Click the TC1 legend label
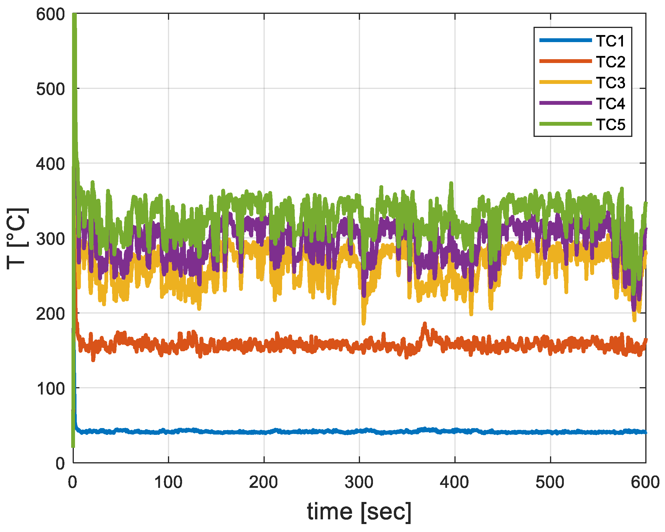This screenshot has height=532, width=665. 610,41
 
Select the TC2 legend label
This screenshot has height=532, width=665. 610,62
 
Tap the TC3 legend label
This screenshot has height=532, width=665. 610,83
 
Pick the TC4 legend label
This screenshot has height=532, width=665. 610,104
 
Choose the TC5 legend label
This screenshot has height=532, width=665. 610,125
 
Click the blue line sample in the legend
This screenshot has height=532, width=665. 566,40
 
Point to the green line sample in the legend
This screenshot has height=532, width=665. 566,124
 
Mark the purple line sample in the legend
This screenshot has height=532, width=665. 566,103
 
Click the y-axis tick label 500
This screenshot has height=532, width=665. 51,89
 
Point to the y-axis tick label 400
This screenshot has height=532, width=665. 51,164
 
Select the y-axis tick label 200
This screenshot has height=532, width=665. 51,314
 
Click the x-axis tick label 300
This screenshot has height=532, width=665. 359,482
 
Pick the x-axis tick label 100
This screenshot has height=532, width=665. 168,482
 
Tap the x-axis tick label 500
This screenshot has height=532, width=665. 550,482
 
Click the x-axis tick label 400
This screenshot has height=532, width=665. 454,482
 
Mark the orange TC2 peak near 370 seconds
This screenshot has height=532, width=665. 425,324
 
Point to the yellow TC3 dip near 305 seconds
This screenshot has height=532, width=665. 364,323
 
